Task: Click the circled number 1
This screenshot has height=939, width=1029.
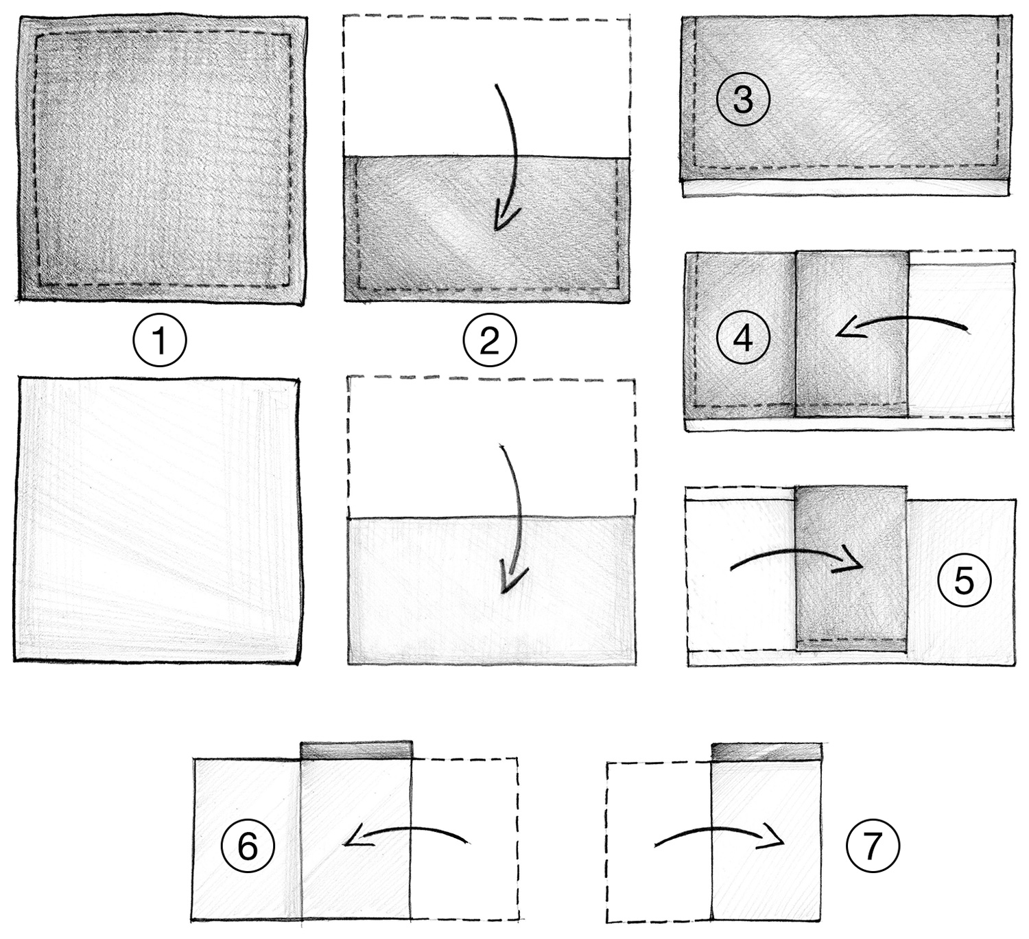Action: (159, 340)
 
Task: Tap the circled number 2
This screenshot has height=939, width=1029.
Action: (489, 340)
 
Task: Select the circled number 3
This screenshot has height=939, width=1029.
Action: (743, 100)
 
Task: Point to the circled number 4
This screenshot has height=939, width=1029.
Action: (743, 337)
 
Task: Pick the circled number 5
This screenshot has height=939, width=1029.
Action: (963, 581)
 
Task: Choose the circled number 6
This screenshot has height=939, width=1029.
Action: (248, 846)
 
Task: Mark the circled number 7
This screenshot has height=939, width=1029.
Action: (871, 846)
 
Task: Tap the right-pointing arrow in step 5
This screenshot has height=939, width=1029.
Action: (796, 559)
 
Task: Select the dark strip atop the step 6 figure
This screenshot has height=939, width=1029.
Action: (357, 750)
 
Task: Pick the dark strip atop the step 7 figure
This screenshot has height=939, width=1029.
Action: (766, 751)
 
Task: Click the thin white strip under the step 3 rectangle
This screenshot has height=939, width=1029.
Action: (844, 189)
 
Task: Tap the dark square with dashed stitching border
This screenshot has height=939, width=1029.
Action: (162, 158)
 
